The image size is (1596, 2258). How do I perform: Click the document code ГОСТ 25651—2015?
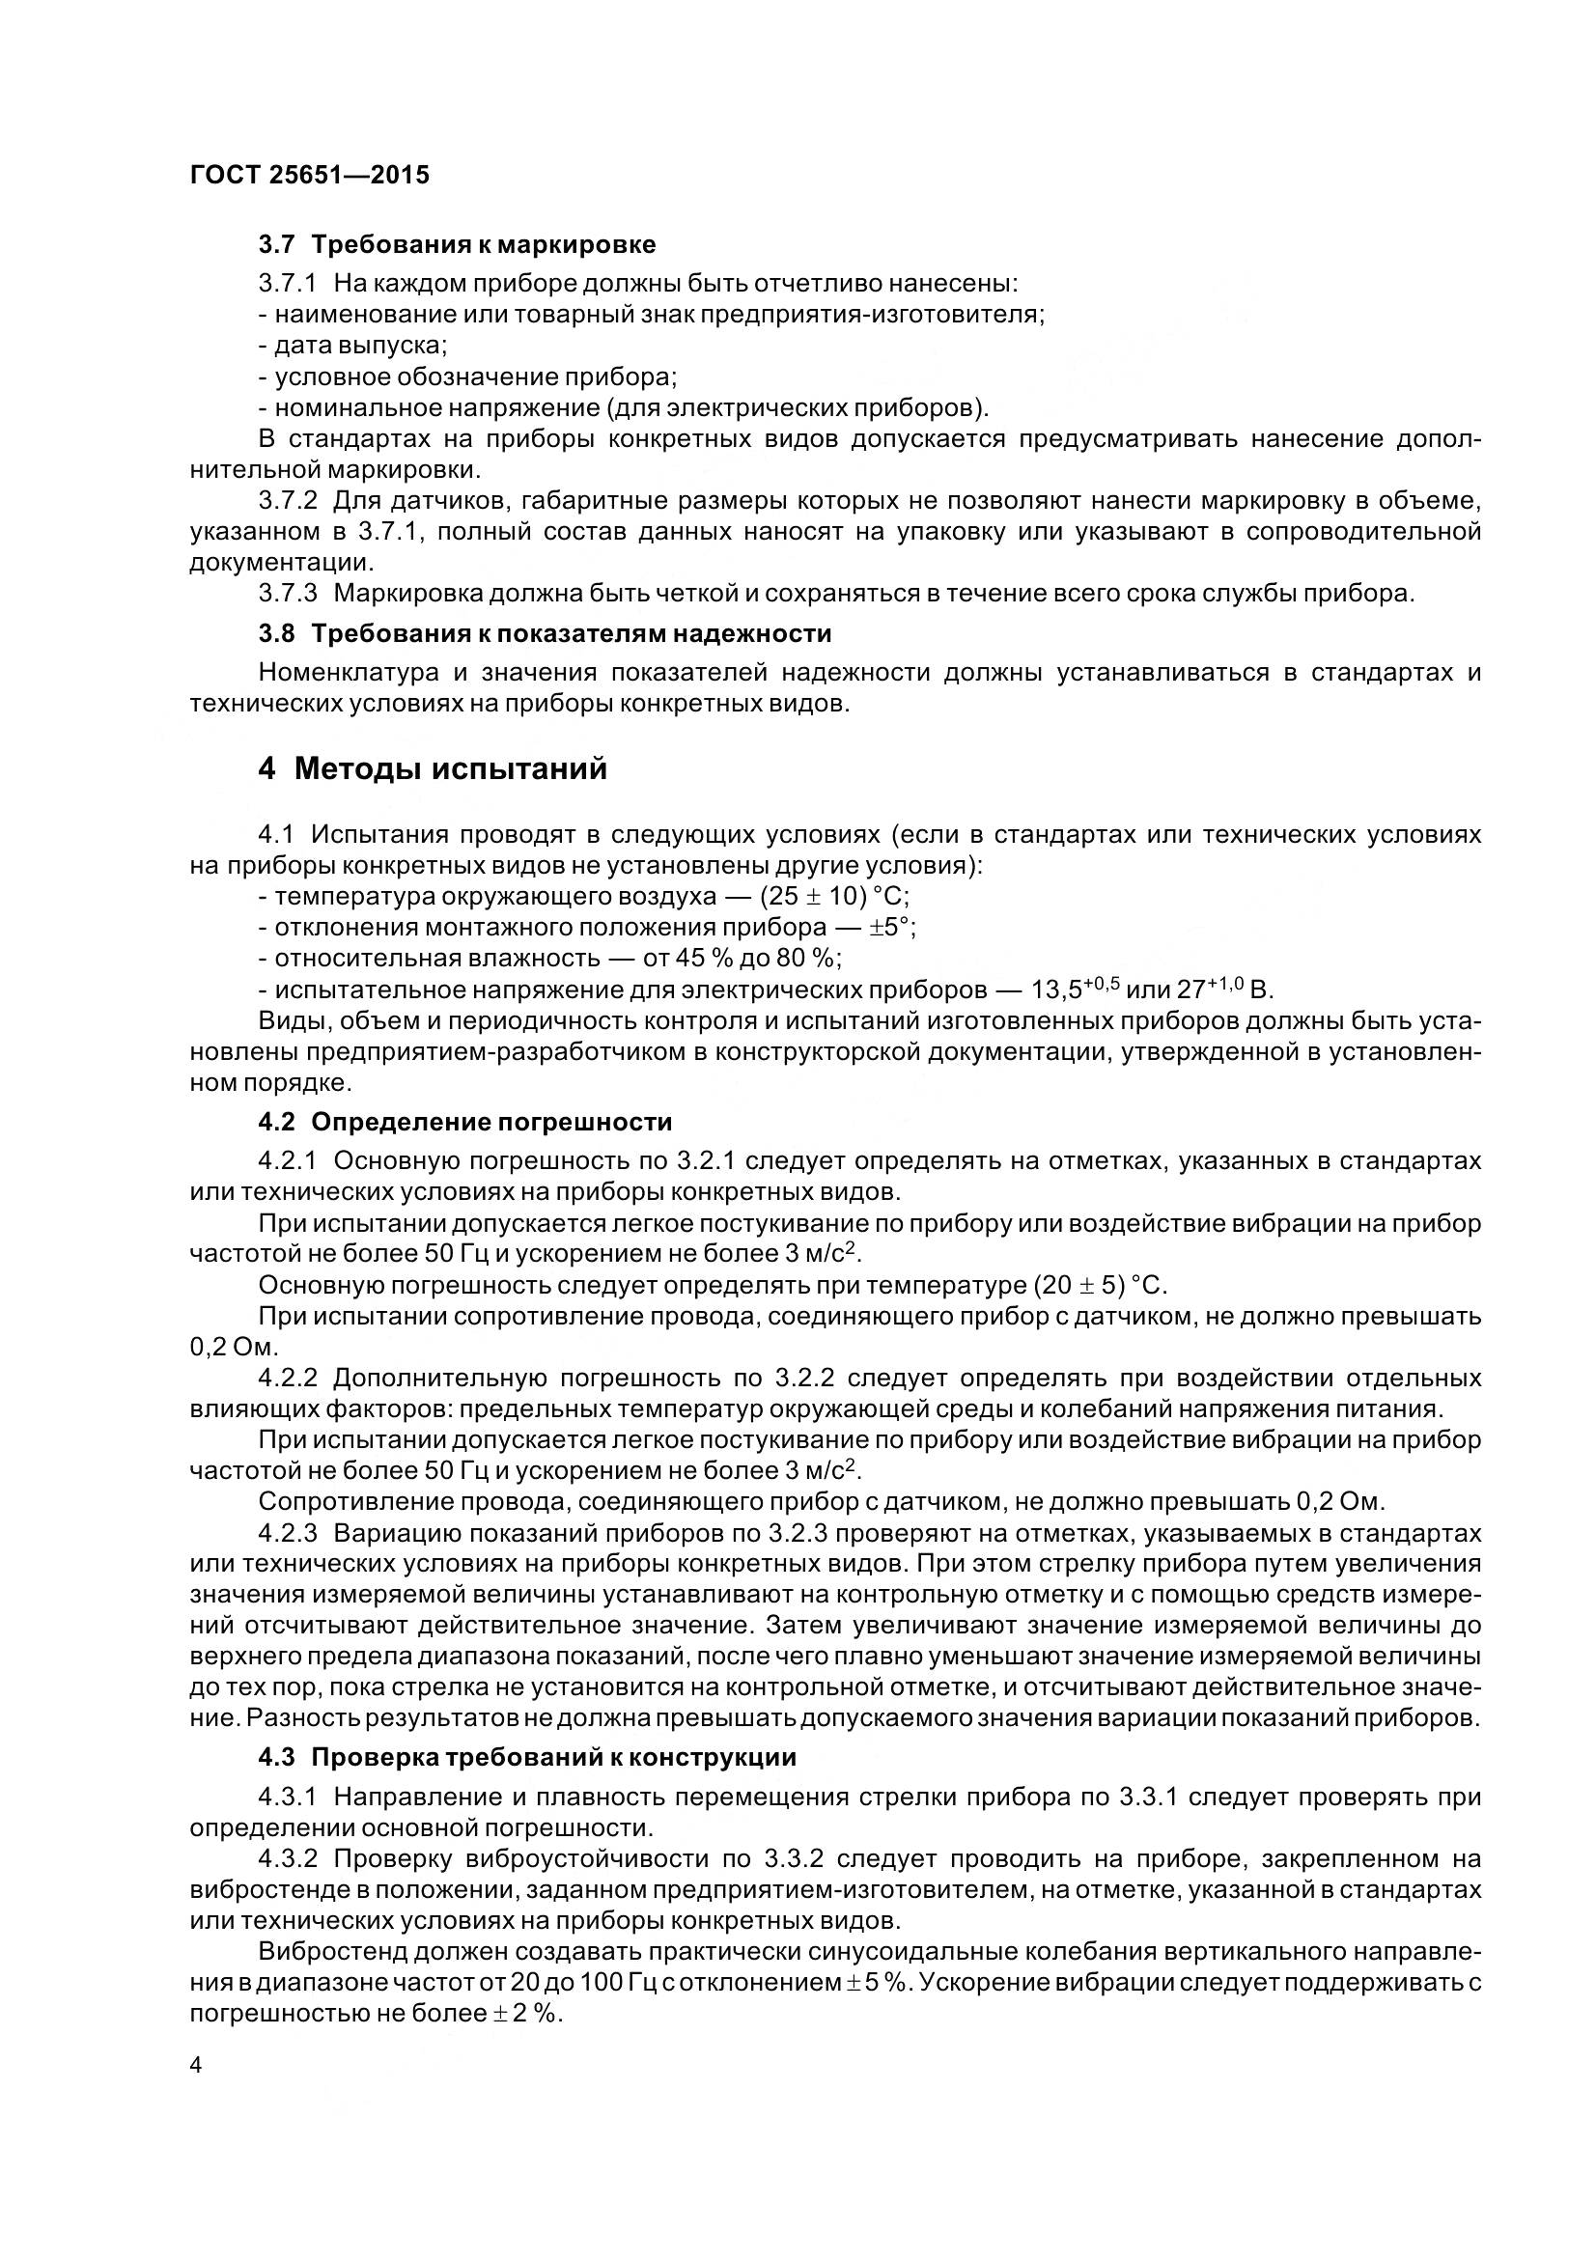[x=309, y=175]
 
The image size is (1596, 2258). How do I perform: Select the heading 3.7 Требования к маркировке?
[x=458, y=244]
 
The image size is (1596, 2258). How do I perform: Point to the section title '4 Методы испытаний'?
[x=433, y=768]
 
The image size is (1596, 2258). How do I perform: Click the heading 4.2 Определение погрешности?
[x=465, y=1122]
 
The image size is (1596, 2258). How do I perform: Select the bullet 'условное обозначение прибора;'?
[x=468, y=376]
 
